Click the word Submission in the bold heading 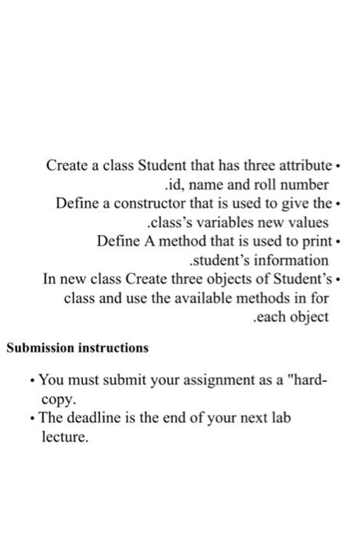coord(40,347)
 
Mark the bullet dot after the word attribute coord(337,167)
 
